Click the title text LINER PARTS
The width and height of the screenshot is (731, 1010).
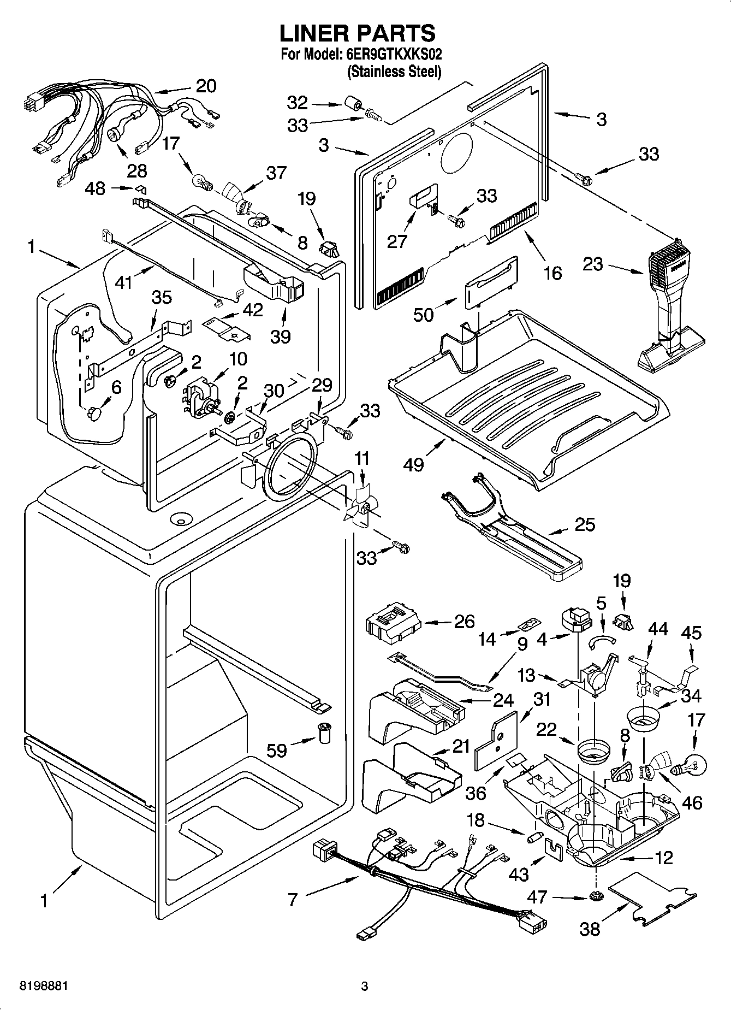pyautogui.click(x=358, y=33)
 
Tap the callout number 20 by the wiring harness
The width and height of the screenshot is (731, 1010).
pyautogui.click(x=206, y=86)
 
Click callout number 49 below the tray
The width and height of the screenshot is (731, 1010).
pyautogui.click(x=414, y=464)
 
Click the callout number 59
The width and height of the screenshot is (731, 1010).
pyautogui.click(x=277, y=751)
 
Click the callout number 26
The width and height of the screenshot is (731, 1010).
pyautogui.click(x=464, y=622)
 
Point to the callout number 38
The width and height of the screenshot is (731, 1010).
pyautogui.click(x=590, y=928)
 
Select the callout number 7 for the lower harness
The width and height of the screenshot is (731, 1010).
pyautogui.click(x=293, y=899)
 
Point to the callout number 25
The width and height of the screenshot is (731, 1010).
pyautogui.click(x=585, y=524)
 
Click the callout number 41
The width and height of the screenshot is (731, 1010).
pyautogui.click(x=124, y=283)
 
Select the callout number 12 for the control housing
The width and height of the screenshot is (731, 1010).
pyautogui.click(x=663, y=858)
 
